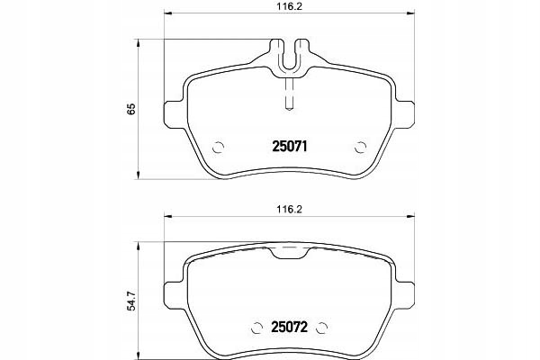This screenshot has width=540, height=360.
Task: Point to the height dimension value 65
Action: [131, 109]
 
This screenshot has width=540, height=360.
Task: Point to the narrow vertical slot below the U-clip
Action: [289, 95]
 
